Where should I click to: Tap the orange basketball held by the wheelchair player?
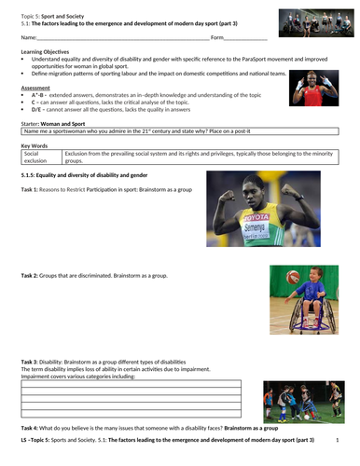click(294, 278)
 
